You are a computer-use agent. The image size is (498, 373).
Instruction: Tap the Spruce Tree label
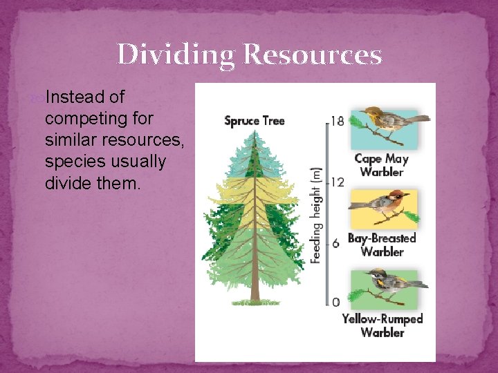(x=254, y=121)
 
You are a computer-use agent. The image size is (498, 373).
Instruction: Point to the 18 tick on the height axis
(x=336, y=122)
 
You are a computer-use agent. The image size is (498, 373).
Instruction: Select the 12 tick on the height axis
(x=336, y=182)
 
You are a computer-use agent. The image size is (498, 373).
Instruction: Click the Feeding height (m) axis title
(x=315, y=214)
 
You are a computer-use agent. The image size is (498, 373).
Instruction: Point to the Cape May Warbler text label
(x=382, y=165)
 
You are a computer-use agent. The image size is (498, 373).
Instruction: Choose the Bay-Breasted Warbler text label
(x=382, y=245)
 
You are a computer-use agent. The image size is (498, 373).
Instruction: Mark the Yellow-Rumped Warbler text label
(x=382, y=325)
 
